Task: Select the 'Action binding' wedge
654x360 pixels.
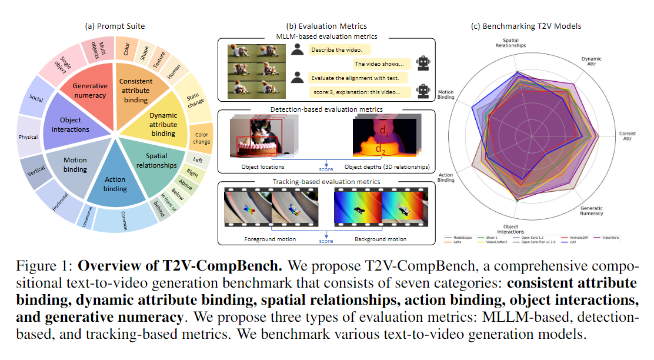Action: point(115,184)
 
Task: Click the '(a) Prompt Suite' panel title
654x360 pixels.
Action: point(115,26)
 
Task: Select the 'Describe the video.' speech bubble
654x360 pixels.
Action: point(334,51)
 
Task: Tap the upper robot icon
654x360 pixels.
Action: point(422,63)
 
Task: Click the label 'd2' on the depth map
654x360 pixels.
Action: point(382,149)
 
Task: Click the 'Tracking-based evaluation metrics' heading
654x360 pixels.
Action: point(326,182)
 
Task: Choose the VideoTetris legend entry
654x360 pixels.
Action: point(606,235)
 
